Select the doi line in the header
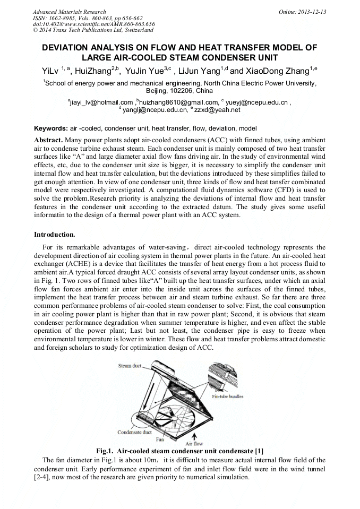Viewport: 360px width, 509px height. pos(93,24)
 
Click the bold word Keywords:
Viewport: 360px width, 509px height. pos(51,128)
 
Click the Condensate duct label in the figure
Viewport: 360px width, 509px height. pos(134,432)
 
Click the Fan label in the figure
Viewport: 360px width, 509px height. pos(159,439)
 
